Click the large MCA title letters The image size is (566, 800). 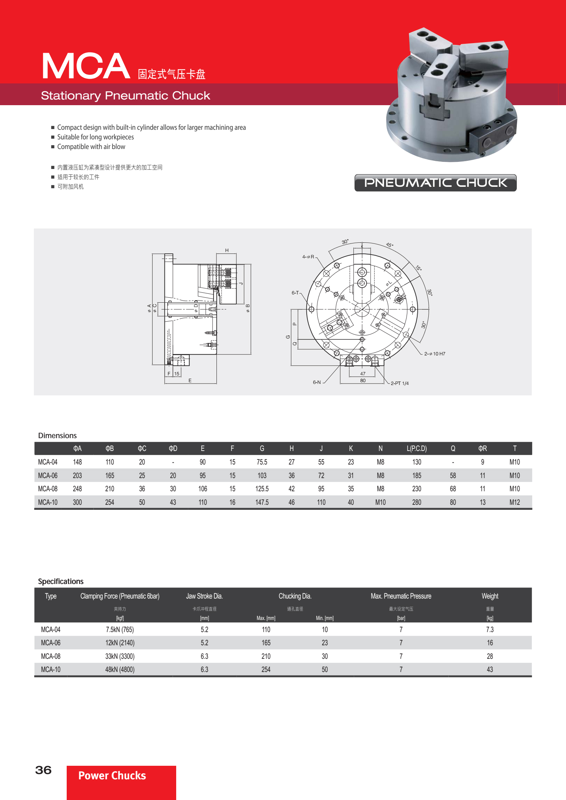[86, 66]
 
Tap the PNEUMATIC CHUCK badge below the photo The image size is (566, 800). [435, 183]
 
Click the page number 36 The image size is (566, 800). [43, 770]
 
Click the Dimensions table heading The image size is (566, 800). [57, 436]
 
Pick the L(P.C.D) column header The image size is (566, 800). [417, 448]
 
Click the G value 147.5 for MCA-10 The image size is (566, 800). [262, 502]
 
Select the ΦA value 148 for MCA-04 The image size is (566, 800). [77, 462]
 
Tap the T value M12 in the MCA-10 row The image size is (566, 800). [514, 502]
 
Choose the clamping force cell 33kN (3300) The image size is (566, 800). [120, 656]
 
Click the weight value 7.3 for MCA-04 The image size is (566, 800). [490, 630]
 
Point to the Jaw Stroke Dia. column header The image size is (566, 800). [204, 596]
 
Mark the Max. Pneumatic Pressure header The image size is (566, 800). [401, 596]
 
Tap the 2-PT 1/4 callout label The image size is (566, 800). [399, 383]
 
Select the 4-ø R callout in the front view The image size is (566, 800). [308, 257]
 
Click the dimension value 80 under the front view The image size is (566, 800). [363, 380]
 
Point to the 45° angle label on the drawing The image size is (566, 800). [389, 245]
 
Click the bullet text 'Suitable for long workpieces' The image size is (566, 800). [96, 137]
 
